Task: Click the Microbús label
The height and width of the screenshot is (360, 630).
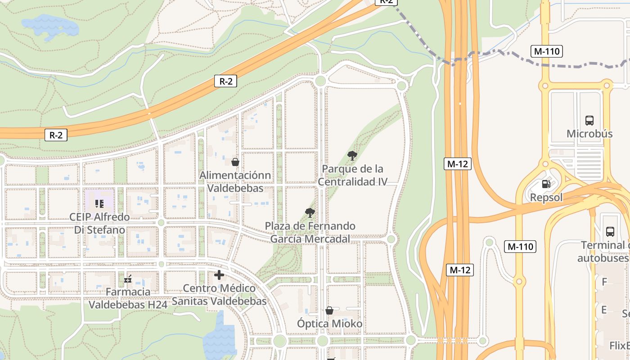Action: (x=589, y=134)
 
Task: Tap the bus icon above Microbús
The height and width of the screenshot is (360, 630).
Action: (x=589, y=121)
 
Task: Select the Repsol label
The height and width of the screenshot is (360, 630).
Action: (x=546, y=198)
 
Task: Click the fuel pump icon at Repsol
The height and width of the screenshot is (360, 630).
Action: (x=546, y=184)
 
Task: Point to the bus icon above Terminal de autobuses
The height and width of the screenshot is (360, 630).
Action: (x=610, y=232)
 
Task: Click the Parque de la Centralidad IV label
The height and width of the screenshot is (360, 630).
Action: (x=353, y=175)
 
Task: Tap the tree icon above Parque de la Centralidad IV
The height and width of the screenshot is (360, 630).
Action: (x=352, y=156)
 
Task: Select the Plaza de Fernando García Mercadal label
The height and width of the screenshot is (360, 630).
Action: (x=310, y=232)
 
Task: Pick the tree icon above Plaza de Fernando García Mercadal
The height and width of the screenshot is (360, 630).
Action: (x=310, y=212)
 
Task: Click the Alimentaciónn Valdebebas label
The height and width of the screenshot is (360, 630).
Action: (x=235, y=181)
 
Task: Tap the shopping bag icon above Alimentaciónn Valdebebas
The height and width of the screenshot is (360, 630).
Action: (x=235, y=162)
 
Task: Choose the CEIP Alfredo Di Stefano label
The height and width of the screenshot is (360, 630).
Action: (x=99, y=223)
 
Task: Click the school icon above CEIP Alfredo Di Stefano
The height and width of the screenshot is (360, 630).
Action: (x=99, y=204)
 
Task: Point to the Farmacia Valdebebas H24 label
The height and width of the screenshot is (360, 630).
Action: (x=128, y=298)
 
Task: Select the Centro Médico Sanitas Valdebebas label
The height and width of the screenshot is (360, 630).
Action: (x=219, y=295)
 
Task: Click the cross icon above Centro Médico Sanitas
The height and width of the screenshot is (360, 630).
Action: (x=219, y=275)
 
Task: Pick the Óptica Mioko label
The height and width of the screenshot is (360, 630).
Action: (x=330, y=324)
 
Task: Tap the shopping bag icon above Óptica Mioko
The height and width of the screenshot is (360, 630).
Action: (x=329, y=310)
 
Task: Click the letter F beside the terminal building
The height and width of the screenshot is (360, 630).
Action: (x=604, y=282)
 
